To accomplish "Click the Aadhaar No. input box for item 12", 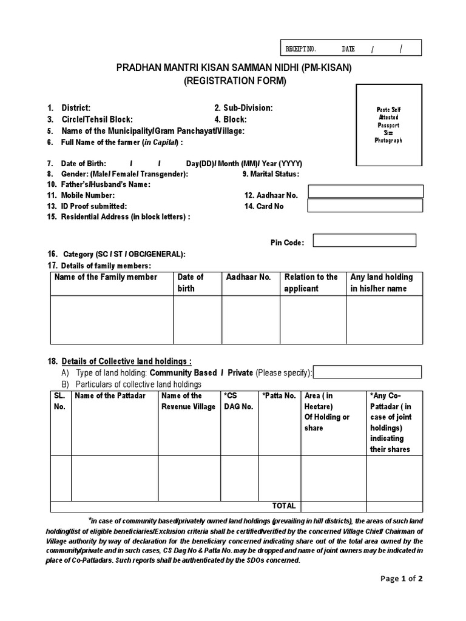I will [365, 192].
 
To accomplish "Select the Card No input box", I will [365, 206].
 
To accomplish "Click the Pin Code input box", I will [365, 241].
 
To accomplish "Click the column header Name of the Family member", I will [106, 277].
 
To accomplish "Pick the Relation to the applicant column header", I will [311, 283].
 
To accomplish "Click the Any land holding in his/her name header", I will [381, 283].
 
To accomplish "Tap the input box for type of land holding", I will [367, 372].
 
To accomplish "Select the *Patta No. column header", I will [279, 395].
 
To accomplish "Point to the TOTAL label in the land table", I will [284, 506].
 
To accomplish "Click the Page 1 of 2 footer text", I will [402, 578].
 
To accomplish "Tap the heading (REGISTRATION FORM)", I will [234, 81].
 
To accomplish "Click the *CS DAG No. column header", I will [238, 401].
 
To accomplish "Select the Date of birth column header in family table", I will [191, 283].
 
